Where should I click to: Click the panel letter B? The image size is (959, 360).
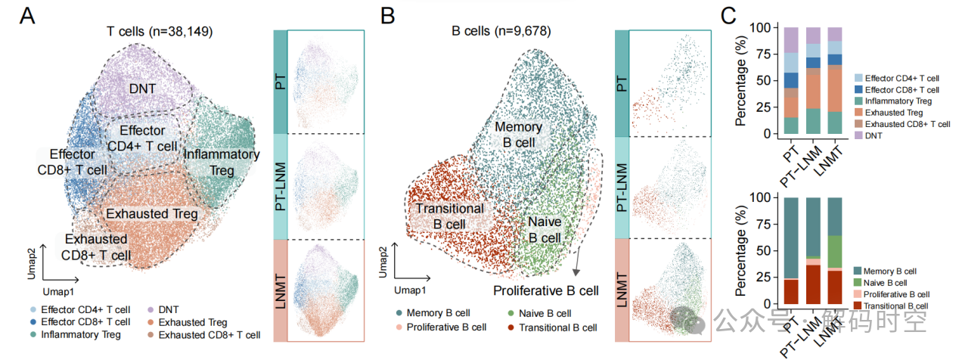coord(387,16)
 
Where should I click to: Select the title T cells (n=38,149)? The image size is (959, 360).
coord(159,32)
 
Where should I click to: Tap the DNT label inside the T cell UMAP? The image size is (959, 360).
coord(142,89)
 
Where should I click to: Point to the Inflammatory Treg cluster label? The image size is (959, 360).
coord(222,163)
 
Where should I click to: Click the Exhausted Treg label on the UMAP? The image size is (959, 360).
coord(152,214)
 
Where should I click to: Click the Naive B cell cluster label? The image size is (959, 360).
coord(545,230)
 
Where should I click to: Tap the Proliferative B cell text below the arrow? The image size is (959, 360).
coord(545,290)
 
